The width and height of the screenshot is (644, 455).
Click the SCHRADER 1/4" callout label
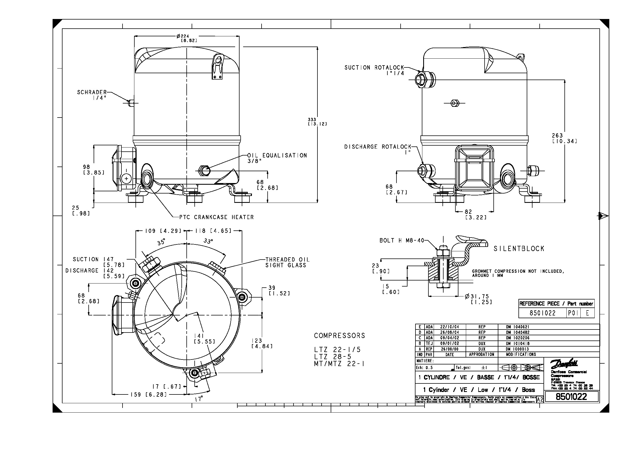pos(92,95)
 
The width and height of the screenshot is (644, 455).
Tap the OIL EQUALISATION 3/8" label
pos(277,158)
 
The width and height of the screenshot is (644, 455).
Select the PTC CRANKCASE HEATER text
pos(216,217)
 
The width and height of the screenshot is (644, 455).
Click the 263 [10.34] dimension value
pos(564,138)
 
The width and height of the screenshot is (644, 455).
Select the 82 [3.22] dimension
pos(476,215)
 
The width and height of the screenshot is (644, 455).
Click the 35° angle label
pos(161,242)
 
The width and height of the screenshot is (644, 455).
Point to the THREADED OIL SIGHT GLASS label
pos(287,262)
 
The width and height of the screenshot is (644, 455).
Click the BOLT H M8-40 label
pos(402,241)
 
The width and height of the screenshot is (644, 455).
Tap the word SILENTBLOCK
pos(519,249)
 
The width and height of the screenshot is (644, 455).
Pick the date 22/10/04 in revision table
pos(450,327)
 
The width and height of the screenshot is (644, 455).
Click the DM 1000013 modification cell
pos(518,349)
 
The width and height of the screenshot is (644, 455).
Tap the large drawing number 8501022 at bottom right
pos(571,397)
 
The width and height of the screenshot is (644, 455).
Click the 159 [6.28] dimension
pos(148,395)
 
